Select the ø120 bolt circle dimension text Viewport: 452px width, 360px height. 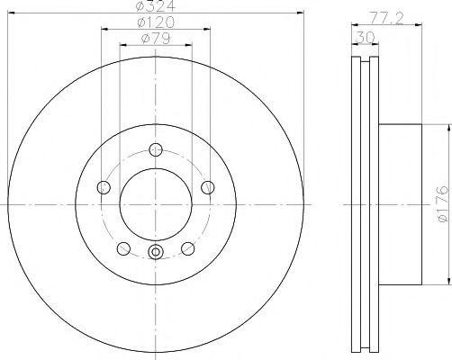(x=155, y=22)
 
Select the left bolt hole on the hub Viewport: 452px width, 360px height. (x=102, y=187)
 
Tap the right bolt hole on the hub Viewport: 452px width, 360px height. (x=208, y=187)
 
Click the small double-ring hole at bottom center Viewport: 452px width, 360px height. (x=155, y=253)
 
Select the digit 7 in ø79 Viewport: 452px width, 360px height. (x=155, y=38)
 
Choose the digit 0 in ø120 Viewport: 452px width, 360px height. (x=169, y=22)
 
